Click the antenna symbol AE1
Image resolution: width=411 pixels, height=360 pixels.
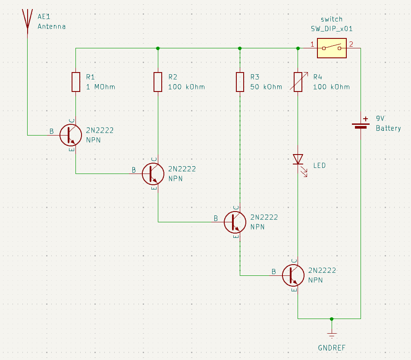click(27, 22)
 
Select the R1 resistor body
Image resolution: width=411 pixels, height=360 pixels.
click(76, 82)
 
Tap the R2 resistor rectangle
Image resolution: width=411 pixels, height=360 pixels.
click(158, 82)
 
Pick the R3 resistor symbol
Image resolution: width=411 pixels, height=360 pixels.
click(240, 82)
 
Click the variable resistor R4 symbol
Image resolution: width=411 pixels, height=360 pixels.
click(298, 82)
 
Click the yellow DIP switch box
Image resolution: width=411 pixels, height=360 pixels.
click(332, 48)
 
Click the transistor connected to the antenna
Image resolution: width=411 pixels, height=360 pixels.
click(70, 135)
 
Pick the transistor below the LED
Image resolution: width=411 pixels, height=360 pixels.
click(293, 275)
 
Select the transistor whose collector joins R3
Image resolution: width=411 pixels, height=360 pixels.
click(235, 222)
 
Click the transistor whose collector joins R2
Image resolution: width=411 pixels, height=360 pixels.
click(153, 174)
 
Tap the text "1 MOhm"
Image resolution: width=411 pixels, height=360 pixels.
click(100, 87)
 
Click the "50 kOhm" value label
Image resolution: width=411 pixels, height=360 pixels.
click(266, 87)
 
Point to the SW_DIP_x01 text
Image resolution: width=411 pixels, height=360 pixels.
click(332, 29)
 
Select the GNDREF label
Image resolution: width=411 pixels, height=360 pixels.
click(332, 348)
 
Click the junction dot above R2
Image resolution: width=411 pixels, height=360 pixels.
click(158, 48)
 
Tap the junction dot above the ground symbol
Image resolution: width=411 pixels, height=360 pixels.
click(332, 319)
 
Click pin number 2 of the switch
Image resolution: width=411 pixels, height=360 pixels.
click(351, 44)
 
